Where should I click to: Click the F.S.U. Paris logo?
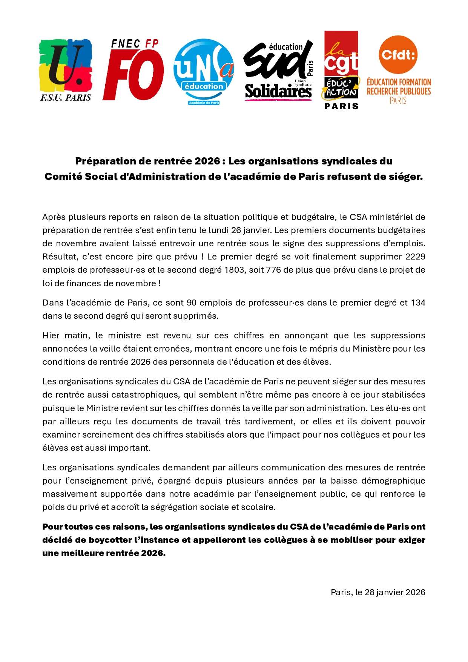pos(66,70)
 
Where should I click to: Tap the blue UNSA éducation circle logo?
pos(204,70)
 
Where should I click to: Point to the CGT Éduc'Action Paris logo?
pos(341,70)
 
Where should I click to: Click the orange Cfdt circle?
pos(398,55)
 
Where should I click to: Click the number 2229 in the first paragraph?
pos(415,257)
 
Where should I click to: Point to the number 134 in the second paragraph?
pos(418,303)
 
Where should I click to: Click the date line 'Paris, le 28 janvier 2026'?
pos(378,593)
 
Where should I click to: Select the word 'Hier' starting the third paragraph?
pos(51,336)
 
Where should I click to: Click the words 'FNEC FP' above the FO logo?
pos(135,44)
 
